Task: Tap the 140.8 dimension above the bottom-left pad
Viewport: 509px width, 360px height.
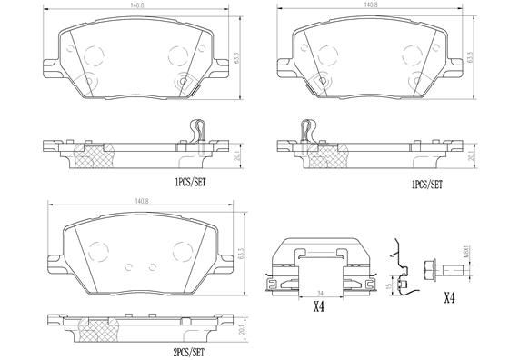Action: (140, 202)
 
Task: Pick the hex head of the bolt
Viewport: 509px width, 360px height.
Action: (432, 270)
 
